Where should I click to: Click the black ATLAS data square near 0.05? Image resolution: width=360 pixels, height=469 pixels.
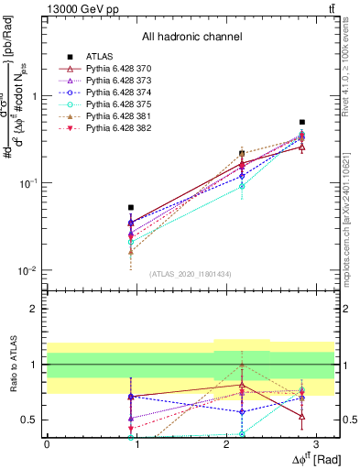point(131,208)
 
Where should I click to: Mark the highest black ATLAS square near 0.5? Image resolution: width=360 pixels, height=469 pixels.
point(302,122)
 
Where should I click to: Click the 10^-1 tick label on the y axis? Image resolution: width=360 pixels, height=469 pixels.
point(28,183)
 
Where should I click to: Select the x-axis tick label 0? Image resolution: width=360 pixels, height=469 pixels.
point(47,444)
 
